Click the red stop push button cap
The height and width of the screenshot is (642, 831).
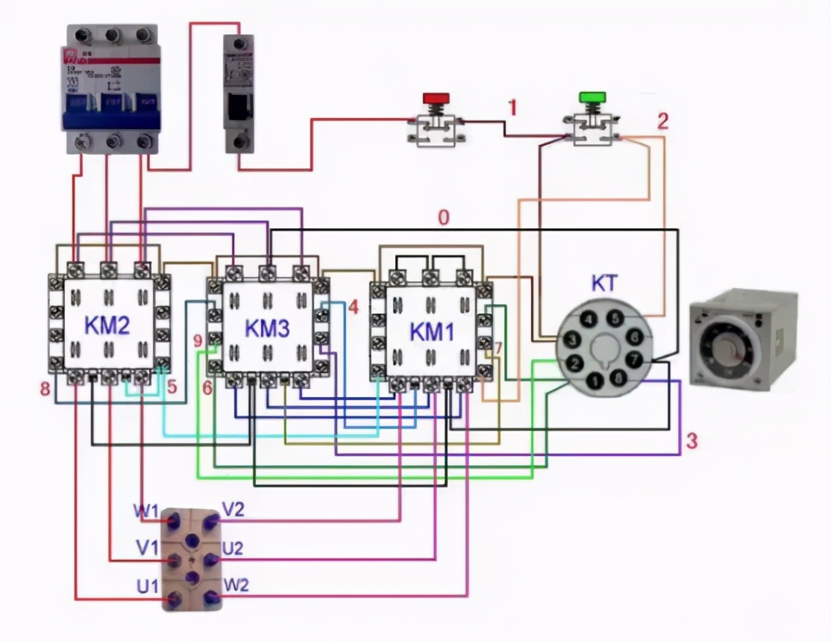436,98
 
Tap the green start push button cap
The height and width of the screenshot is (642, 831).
592,98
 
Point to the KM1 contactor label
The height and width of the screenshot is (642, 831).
432,332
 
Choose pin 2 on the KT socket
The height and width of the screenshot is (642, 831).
575,364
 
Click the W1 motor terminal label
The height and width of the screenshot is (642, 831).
146,512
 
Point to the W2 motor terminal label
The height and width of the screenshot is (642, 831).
236,585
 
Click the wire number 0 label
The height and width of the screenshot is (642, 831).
443,219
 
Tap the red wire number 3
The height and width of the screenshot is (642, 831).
692,440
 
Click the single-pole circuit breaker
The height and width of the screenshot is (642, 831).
239,93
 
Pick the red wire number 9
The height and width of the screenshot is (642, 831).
198,341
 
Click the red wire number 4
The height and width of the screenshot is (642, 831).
353,307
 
